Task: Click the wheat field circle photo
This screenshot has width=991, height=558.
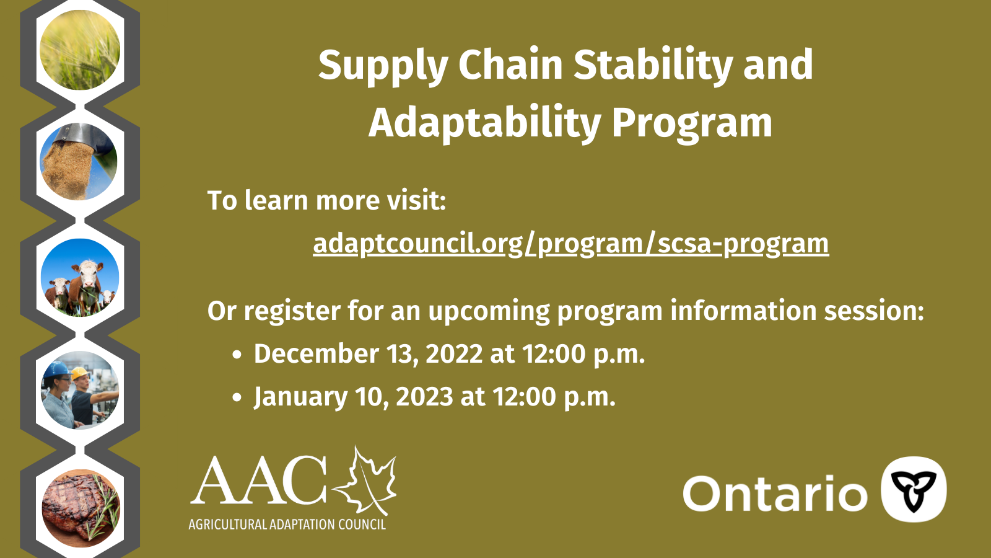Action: [80, 50]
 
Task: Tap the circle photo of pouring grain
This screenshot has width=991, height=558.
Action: [79, 162]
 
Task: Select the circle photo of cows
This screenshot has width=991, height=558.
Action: [80, 278]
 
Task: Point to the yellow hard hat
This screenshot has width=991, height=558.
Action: [80, 373]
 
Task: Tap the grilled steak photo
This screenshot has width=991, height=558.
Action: [81, 508]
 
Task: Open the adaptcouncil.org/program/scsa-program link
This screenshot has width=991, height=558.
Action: [570, 244]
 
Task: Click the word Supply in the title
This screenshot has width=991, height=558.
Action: [383, 66]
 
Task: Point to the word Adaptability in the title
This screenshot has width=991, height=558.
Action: [484, 122]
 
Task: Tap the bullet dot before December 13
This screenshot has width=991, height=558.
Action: [237, 355]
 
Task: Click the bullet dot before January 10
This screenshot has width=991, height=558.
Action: [237, 397]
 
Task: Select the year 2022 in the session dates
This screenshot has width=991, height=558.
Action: [454, 354]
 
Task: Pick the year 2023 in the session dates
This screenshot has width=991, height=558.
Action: [424, 396]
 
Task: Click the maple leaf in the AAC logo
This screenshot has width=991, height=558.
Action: [365, 481]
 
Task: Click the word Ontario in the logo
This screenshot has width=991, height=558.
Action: [775, 494]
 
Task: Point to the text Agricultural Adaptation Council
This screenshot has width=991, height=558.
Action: [287, 525]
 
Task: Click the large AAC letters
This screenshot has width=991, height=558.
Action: [259, 480]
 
